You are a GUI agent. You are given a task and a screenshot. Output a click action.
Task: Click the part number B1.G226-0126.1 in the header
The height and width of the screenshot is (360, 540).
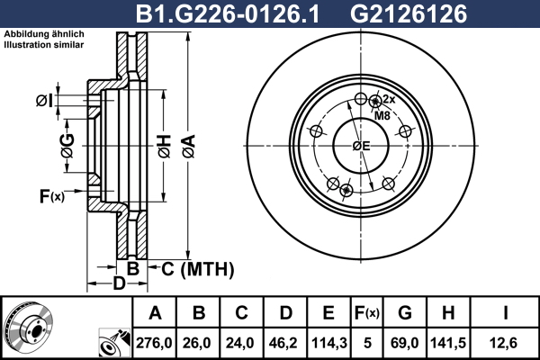(x=228, y=14)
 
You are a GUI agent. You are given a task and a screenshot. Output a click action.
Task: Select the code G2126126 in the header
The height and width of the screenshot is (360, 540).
(x=409, y=14)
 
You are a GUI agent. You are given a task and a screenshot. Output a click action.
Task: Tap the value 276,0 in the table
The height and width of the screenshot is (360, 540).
(x=154, y=343)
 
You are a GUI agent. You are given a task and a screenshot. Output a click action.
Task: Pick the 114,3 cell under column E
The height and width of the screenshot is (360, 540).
(x=329, y=343)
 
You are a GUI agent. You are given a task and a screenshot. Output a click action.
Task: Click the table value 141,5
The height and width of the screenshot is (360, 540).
(x=448, y=343)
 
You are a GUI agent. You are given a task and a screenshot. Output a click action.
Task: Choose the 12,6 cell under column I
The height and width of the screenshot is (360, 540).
(x=503, y=343)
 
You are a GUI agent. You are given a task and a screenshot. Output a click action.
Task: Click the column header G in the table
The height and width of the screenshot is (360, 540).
(x=405, y=313)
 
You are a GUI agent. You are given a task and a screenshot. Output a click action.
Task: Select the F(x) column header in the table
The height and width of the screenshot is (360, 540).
(x=367, y=313)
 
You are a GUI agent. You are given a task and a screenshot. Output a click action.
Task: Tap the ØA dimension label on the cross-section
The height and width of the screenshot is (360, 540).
(x=189, y=147)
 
